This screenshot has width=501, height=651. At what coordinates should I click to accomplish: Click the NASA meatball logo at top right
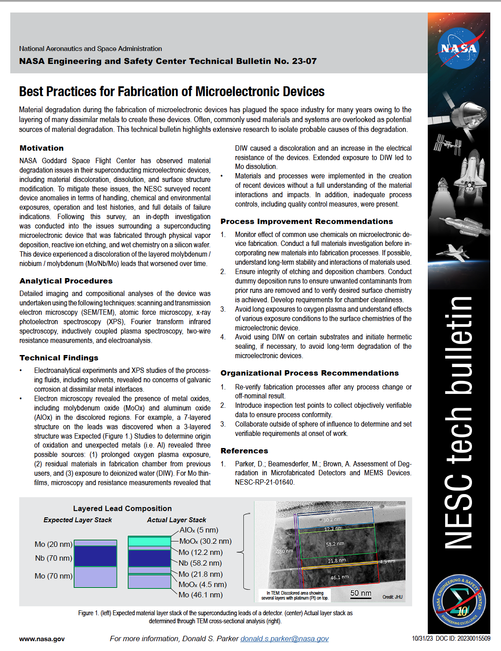tap(459, 48)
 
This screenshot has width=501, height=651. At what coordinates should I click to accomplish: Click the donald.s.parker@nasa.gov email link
tap(284, 638)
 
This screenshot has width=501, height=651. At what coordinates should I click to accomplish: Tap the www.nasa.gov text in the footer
tap(42, 639)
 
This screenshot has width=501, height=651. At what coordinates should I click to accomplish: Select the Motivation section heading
tap(42, 148)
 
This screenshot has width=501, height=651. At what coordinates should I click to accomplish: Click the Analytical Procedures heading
tap(66, 281)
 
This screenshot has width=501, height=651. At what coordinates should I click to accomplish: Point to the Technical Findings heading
tap(59, 358)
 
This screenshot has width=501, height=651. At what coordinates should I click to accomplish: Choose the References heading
tap(244, 451)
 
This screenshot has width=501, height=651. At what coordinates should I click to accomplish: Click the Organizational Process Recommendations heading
tap(309, 373)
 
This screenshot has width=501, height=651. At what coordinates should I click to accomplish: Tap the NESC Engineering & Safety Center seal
tap(459, 601)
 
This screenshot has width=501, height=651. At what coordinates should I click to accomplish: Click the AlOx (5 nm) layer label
tap(199, 530)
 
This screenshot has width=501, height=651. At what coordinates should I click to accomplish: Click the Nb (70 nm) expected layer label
tap(53, 558)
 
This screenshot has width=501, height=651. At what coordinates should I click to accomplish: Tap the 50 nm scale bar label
tap(361, 593)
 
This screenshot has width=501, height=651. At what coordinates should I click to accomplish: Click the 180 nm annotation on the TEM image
tap(284, 551)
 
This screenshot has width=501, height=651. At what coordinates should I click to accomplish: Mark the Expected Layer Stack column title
tap(78, 520)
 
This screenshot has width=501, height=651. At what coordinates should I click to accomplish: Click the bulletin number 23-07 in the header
tap(304, 61)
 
